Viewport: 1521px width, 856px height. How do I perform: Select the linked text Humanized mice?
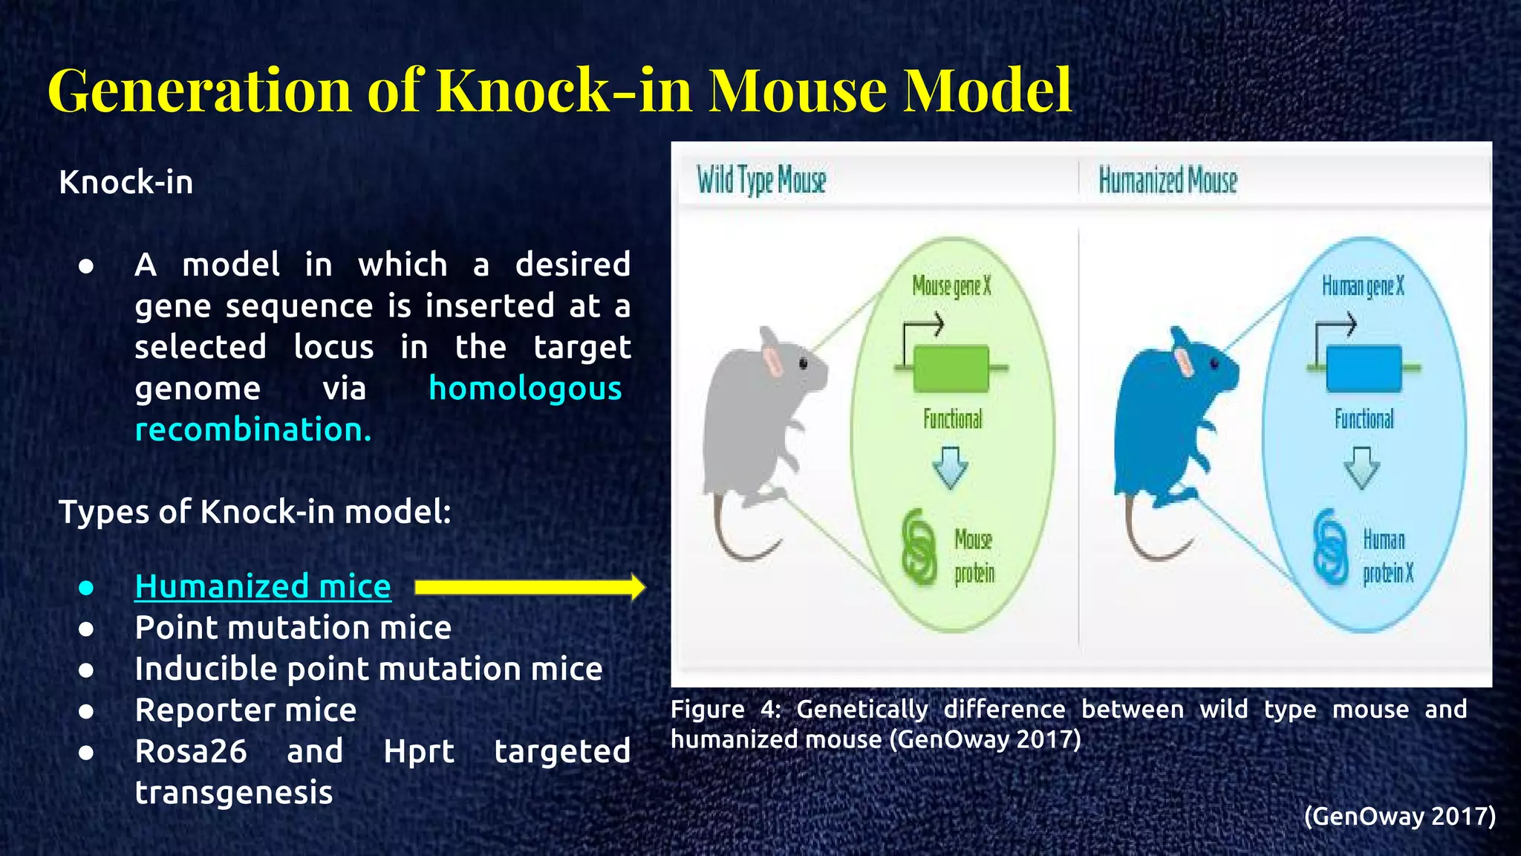[263, 586]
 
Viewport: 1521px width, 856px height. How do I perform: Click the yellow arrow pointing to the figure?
[529, 587]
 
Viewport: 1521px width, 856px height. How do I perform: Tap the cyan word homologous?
[525, 389]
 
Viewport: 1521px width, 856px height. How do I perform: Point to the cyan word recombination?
[253, 430]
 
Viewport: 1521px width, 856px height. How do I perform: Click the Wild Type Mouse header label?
[761, 181]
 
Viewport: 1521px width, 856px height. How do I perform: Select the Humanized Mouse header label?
[1167, 181]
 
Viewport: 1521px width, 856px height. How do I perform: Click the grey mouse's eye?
[803, 363]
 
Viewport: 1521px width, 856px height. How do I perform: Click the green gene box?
[951, 369]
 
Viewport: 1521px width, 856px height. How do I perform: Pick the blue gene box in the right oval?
[1364, 369]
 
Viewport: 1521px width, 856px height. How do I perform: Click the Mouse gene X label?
[951, 286]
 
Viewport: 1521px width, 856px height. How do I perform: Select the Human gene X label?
[1363, 286]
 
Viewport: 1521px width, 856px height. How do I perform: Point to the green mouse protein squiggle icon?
[919, 547]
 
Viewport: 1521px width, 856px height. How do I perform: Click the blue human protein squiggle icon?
[1329, 547]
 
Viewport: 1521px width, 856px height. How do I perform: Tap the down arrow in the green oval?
[950, 467]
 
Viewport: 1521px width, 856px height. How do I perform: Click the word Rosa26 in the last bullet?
[191, 751]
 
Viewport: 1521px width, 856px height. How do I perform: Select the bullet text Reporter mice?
[245, 710]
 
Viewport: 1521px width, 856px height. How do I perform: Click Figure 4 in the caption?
[724, 710]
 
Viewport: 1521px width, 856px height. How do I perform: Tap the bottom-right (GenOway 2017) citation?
[1399, 816]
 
